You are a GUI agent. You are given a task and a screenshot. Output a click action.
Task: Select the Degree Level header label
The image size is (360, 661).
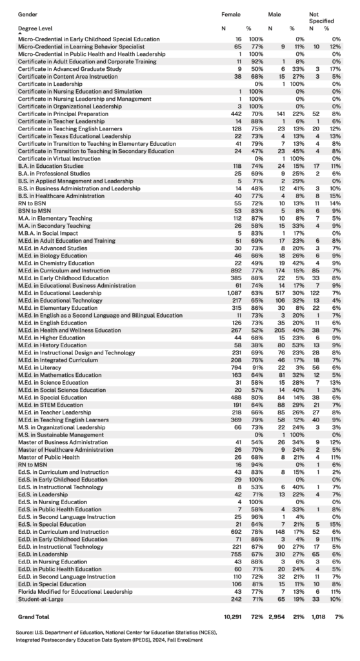38,29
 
